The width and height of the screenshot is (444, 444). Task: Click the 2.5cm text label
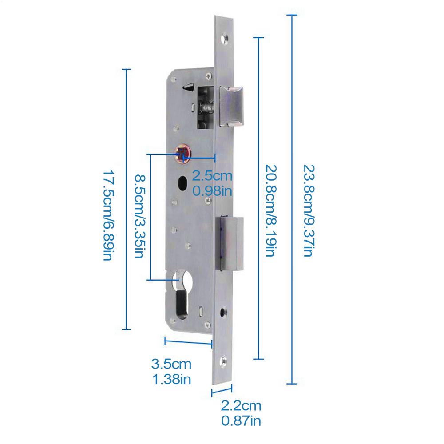coord(212,176)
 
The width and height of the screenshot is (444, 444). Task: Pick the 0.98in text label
coord(212,191)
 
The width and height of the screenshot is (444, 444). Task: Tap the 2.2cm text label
coord(242,405)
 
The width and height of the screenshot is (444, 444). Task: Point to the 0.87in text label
coord(242,420)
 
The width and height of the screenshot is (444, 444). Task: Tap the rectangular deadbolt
coord(230,243)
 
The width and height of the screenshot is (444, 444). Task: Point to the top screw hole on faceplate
coord(226,38)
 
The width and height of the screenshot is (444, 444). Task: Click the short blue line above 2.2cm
coord(222,392)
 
